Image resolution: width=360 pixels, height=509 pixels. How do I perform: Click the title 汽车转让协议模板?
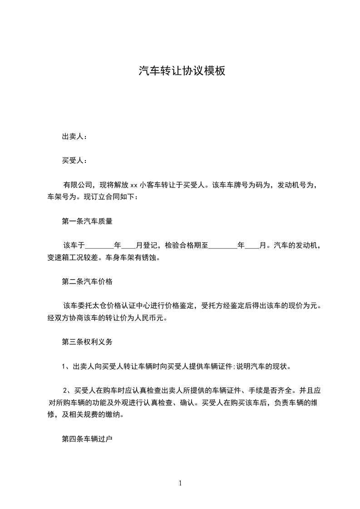tap(182, 71)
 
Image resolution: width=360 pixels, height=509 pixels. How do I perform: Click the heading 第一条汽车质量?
tap(87, 222)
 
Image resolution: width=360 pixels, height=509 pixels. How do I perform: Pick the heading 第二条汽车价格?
tap(87, 282)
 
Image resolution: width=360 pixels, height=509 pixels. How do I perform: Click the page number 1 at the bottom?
tap(180, 483)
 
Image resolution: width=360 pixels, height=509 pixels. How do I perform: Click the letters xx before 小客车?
tap(134, 186)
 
